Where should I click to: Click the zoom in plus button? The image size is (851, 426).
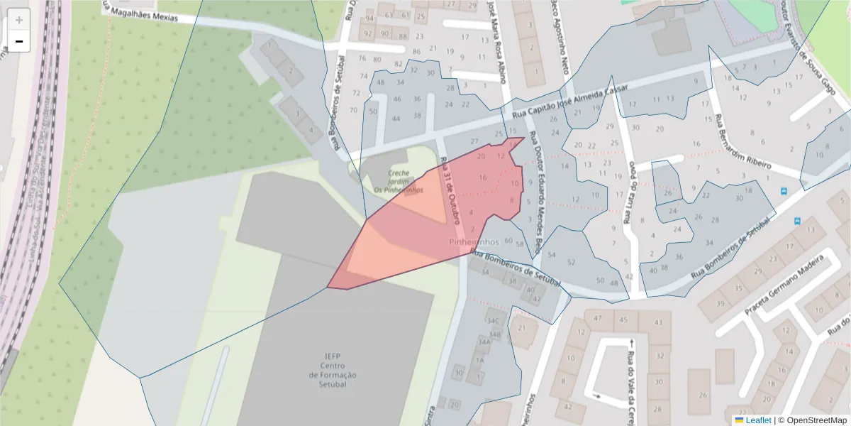[x=19, y=20]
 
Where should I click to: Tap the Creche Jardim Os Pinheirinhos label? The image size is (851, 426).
[x=399, y=181]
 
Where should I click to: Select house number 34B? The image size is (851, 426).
[x=495, y=334]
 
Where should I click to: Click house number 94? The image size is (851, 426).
[x=369, y=18]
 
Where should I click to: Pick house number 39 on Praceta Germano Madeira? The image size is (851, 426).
[x=720, y=304]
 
